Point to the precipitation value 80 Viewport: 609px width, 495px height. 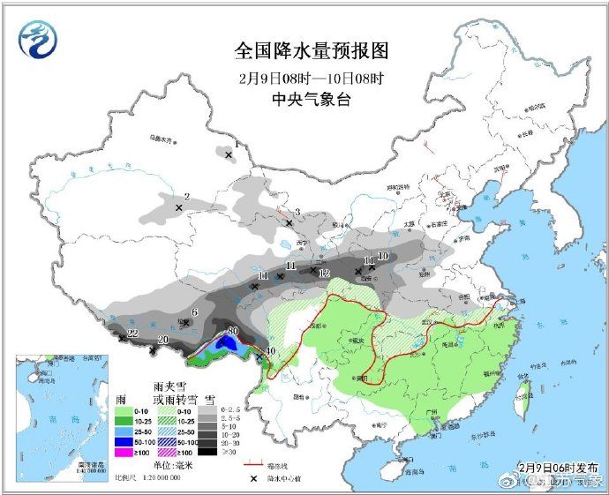coord(233,332)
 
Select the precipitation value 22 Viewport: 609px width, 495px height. coord(133,334)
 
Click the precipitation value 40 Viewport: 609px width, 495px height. coord(270,351)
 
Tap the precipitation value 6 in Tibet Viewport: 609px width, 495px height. coord(193,311)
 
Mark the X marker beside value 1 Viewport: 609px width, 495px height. coord(229,155)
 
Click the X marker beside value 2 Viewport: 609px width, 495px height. coord(179,208)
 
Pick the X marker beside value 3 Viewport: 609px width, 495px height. coord(289,223)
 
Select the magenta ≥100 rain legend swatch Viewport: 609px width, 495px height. coord(128,452)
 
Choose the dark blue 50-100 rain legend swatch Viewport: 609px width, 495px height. coord(128,440)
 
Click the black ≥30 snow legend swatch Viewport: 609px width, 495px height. coord(206,452)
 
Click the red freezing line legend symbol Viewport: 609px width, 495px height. coord(254,464)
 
